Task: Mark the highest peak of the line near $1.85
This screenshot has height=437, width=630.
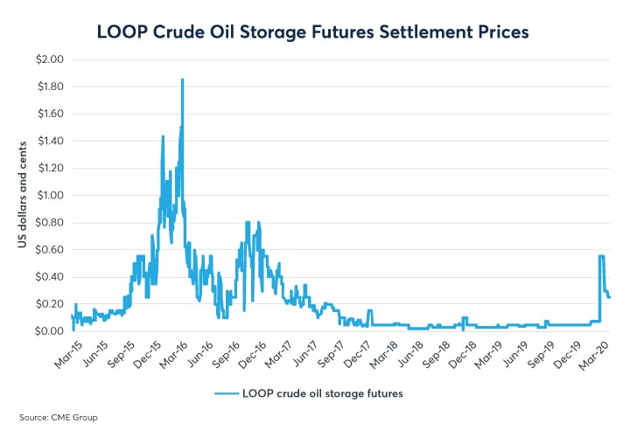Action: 182,80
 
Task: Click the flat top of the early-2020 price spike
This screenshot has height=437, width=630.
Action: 602,256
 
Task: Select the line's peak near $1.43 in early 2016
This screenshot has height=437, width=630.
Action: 163,136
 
